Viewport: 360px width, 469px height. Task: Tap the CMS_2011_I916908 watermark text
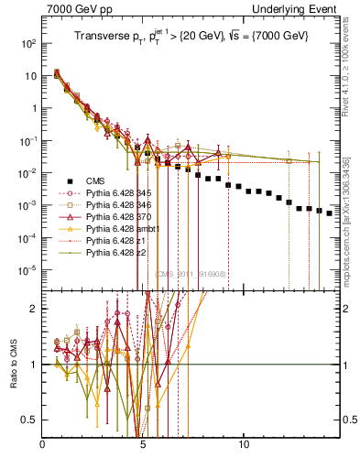186,273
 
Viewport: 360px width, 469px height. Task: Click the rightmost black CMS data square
330,213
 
